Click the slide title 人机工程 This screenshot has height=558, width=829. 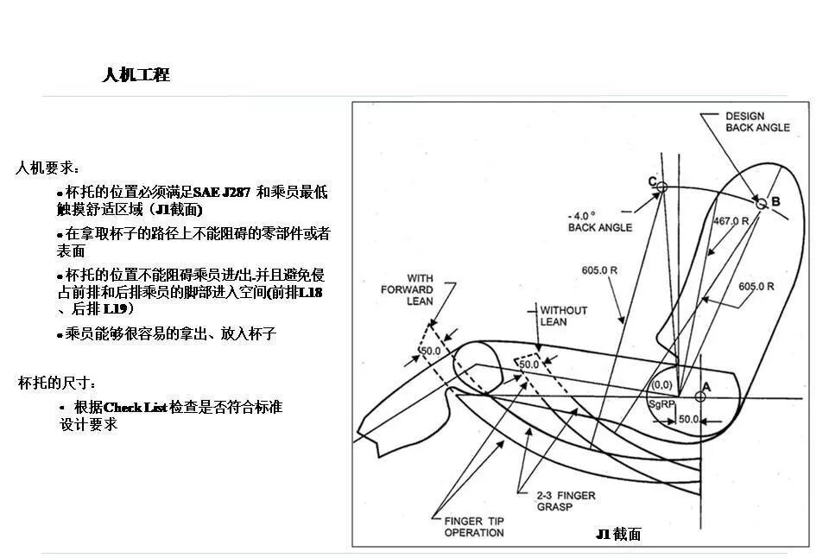(136, 75)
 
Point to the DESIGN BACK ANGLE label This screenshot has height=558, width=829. (756, 122)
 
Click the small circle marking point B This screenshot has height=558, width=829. (761, 205)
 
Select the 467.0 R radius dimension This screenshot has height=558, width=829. (730, 221)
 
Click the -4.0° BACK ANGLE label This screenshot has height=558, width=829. (599, 221)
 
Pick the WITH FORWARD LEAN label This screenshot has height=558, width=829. (407, 290)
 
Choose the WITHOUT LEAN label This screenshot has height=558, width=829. (563, 315)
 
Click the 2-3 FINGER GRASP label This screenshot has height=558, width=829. (565, 501)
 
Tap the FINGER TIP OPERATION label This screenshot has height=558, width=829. (474, 527)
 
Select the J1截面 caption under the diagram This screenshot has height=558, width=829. (619, 535)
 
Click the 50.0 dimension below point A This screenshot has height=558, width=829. (688, 419)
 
